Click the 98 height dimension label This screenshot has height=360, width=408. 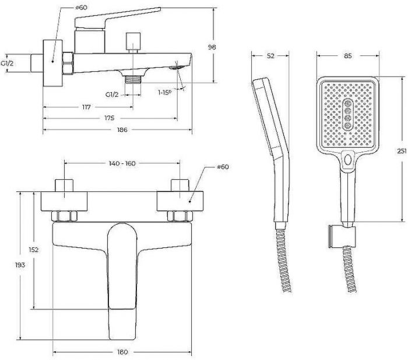tap(212, 47)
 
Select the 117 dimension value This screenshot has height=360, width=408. tap(86, 107)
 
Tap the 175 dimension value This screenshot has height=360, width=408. tap(110, 118)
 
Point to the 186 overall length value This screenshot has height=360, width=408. tap(122, 130)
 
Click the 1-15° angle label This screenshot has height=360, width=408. tap(165, 92)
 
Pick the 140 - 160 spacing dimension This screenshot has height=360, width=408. tap(122, 163)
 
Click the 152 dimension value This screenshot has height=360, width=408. tap(34, 250)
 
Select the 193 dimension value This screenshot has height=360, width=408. tap(20, 265)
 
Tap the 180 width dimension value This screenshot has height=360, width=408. tap(122, 352)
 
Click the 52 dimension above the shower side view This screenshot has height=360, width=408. tap(270, 56)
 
